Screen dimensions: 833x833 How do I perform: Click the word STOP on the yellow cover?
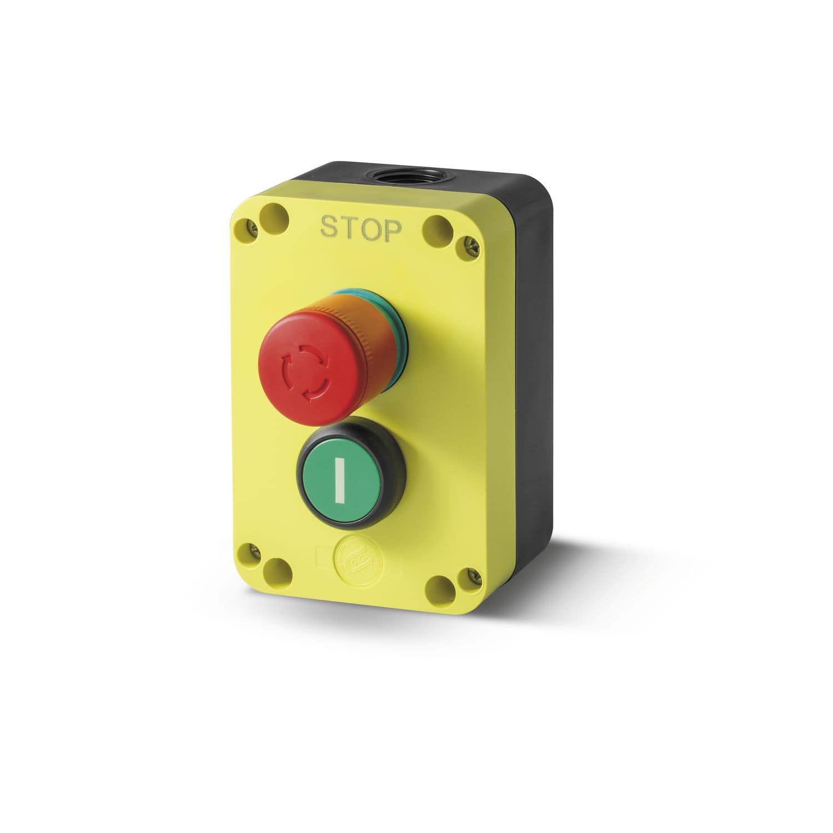point(360,229)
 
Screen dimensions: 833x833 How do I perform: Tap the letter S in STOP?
point(329,227)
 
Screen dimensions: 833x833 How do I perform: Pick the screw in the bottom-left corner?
point(255,551)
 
